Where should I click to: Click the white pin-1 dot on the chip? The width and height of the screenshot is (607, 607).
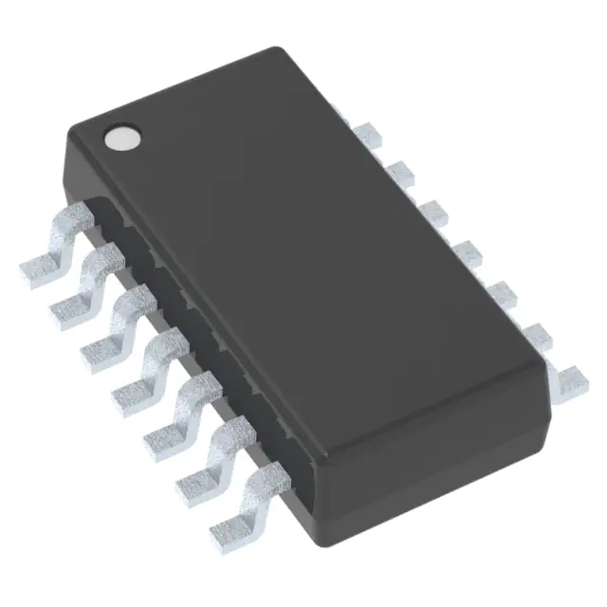pos(121,139)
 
